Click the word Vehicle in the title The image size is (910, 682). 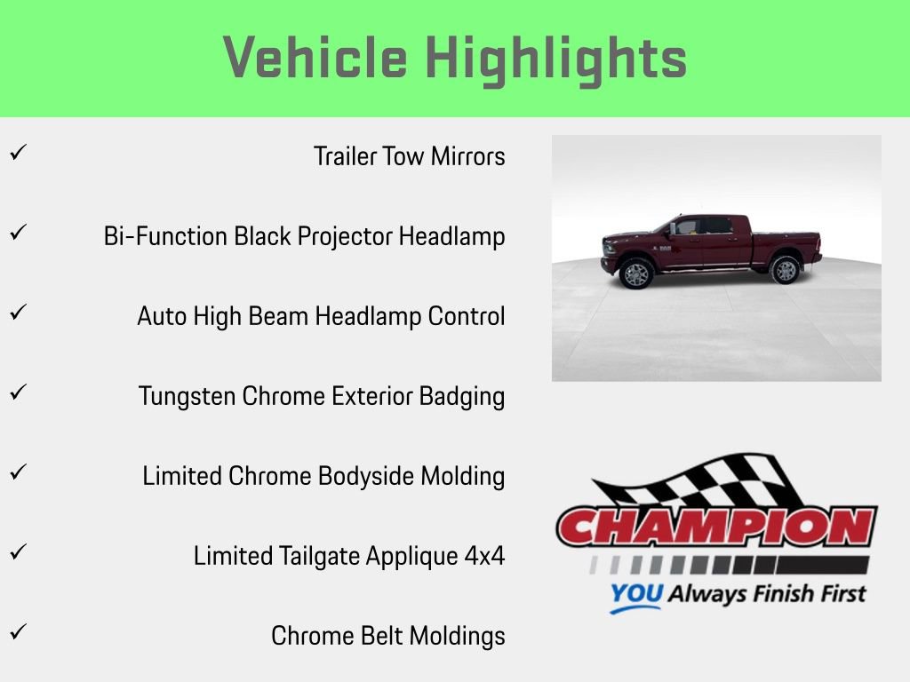click(315, 59)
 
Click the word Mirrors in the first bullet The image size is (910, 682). click(468, 157)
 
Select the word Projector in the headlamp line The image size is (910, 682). click(348, 237)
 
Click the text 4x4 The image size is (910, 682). click(484, 557)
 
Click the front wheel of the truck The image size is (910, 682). click(636, 273)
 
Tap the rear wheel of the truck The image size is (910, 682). click(786, 269)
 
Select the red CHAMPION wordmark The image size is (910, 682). click(716, 527)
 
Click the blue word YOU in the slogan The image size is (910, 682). click(635, 594)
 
